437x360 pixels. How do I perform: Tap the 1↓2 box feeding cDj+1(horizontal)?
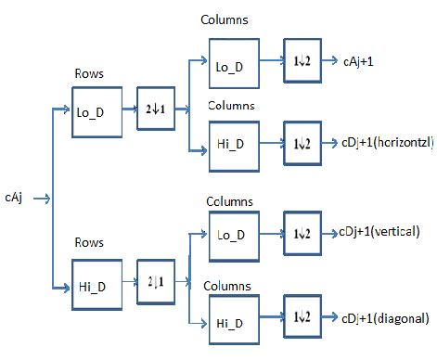coord(304,143)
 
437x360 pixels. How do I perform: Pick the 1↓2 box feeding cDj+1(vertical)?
coord(304,232)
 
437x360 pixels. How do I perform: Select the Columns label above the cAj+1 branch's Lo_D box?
coord(226,20)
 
